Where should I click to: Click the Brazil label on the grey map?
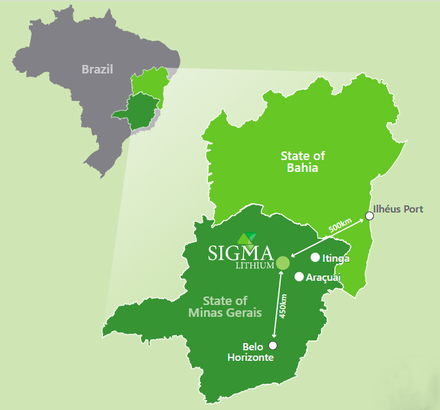pyautogui.click(x=98, y=69)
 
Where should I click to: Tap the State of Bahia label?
pyautogui.click(x=302, y=161)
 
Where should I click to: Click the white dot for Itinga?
pyautogui.click(x=315, y=257)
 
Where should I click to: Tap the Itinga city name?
pyautogui.click(x=336, y=258)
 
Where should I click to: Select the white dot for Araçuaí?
pyautogui.click(x=299, y=277)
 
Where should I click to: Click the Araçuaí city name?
pyautogui.click(x=323, y=277)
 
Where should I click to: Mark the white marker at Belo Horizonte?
pyautogui.click(x=273, y=345)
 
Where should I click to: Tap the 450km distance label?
pyautogui.click(x=283, y=306)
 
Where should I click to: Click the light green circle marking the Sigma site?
pyautogui.click(x=283, y=263)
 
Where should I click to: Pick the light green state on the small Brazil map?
pyautogui.click(x=150, y=85)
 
